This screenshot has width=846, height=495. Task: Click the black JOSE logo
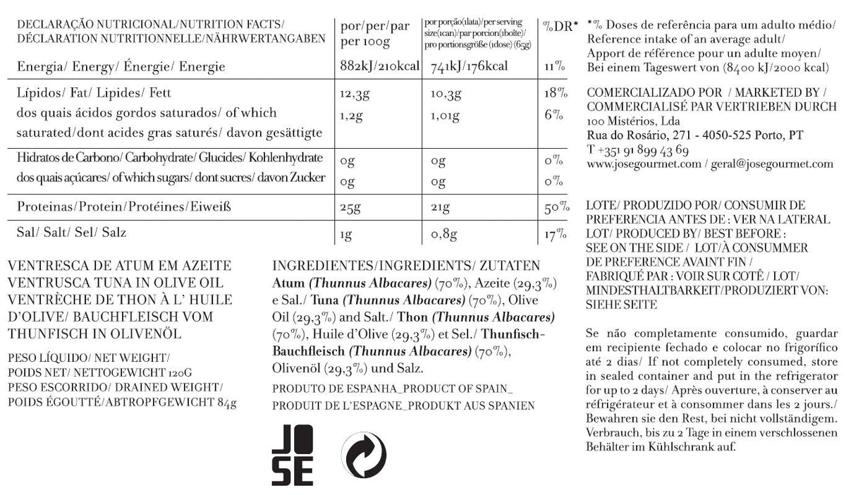(x=292, y=453)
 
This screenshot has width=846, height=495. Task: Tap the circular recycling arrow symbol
(x=364, y=454)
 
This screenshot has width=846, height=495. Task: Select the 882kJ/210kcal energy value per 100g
(x=379, y=67)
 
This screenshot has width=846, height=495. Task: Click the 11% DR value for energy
(x=553, y=67)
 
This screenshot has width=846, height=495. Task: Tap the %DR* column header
(x=560, y=26)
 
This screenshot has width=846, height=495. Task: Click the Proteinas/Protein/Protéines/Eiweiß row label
(x=124, y=208)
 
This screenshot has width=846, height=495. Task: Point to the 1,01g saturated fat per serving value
(x=446, y=113)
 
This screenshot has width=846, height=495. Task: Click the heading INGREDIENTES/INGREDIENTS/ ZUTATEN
(x=405, y=267)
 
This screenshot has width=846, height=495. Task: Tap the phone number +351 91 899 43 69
(x=638, y=149)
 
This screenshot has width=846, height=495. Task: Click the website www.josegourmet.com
(x=643, y=164)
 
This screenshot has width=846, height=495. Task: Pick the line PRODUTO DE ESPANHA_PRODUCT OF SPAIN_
(x=393, y=389)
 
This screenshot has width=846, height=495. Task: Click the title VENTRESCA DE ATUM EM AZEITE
(x=118, y=267)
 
